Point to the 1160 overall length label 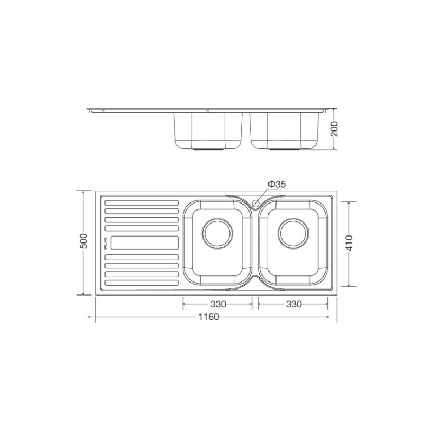coord(208,317)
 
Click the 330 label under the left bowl coord(218,304)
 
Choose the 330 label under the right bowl coord(293,304)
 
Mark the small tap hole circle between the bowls coord(256,202)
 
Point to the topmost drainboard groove coord(141,204)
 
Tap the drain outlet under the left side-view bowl coord(208,147)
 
